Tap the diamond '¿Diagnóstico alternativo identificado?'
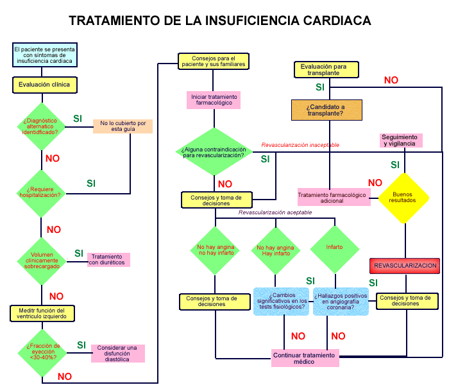(x=41, y=126)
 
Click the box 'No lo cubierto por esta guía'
(x=123, y=126)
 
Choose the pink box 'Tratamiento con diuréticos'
(x=108, y=260)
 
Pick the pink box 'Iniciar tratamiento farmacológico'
(x=214, y=100)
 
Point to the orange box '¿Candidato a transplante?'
(x=325, y=110)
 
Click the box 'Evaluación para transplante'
(x=324, y=69)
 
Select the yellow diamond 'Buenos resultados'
(x=404, y=197)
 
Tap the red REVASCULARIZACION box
(x=405, y=265)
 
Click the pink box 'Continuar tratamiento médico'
(x=305, y=358)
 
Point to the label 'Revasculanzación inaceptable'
(x=300, y=145)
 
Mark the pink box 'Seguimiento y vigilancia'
(x=400, y=141)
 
